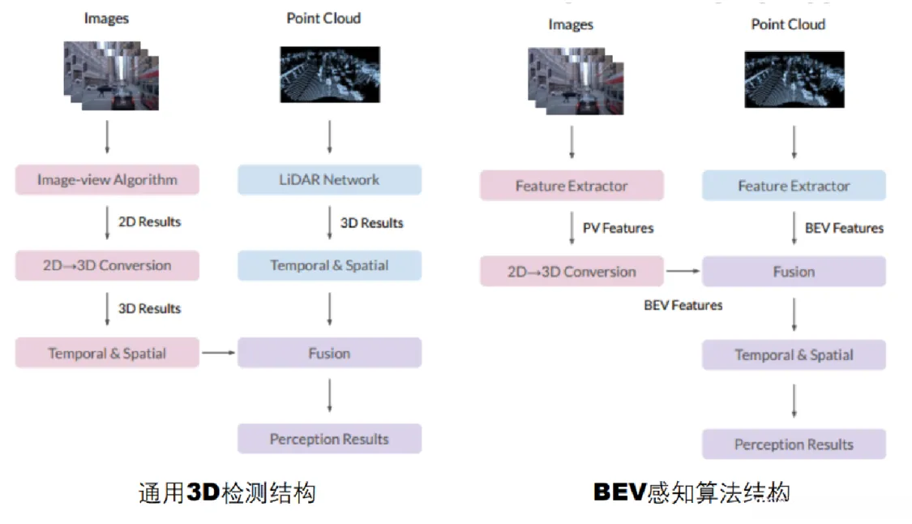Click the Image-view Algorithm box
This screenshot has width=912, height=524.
106,180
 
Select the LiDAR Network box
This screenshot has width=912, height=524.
329,180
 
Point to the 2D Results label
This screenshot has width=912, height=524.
149,221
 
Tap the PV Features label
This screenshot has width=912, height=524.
618,228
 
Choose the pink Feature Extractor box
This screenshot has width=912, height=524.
572,186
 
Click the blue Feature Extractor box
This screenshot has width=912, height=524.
794,186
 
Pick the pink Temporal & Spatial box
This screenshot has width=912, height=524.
106,353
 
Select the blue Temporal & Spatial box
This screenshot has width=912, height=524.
329,265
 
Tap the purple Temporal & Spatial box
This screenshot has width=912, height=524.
794,354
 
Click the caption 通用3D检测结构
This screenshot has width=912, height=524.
226,492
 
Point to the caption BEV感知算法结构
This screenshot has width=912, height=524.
691,492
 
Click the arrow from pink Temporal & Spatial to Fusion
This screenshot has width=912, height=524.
217,353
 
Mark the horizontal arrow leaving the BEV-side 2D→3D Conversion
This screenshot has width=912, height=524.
682,272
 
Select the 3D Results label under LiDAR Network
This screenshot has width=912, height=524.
371,222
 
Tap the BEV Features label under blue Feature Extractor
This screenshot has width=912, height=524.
844,228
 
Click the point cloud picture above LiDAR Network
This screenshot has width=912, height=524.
329,74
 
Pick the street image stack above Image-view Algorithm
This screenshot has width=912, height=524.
111,76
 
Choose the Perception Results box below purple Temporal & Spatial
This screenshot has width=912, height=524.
794,445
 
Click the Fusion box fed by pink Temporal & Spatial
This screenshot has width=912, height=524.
329,353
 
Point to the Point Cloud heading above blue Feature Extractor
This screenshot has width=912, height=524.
788,24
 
